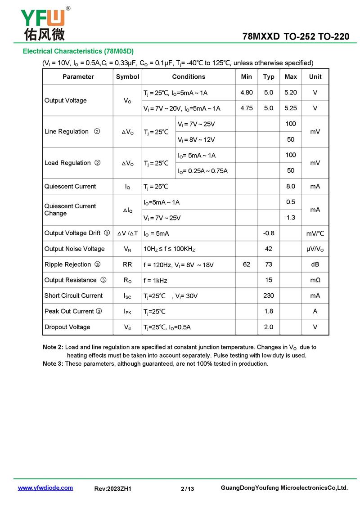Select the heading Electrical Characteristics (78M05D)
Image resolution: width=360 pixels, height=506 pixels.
(78, 51)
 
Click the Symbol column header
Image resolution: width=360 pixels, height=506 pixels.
(127, 77)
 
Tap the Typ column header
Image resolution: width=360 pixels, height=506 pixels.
(269, 77)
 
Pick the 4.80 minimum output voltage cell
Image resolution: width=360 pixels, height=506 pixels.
(247, 93)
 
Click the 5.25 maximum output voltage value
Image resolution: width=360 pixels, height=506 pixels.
(291, 108)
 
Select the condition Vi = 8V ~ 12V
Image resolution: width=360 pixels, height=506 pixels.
(196, 140)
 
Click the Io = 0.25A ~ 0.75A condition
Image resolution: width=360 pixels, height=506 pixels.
(202, 171)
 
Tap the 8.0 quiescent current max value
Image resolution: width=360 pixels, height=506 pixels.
(291, 186)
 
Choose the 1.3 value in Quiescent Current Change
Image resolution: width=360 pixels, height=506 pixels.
(291, 218)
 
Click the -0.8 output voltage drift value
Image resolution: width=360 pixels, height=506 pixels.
(269, 233)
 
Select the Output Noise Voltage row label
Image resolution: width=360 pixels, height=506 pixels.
(74, 249)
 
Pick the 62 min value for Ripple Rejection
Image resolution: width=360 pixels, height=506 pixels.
(247, 264)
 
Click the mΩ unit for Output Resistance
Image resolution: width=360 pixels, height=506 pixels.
(315, 280)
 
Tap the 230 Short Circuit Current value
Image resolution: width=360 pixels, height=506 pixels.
(269, 296)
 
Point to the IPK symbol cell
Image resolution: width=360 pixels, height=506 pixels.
(127, 311)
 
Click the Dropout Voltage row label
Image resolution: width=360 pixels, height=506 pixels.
(67, 327)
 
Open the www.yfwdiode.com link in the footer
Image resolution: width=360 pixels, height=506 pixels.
(45, 488)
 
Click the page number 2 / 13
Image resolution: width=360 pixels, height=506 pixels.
(187, 489)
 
